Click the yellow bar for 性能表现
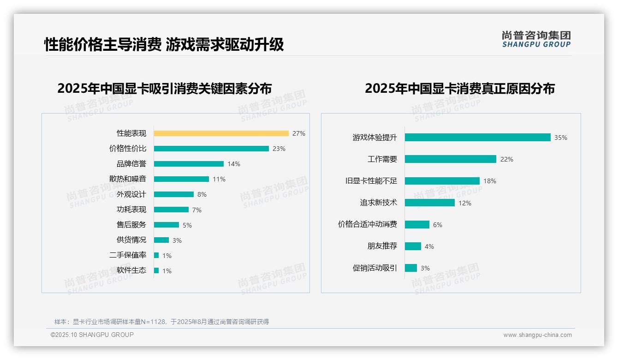(x=221, y=133)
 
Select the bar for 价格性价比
(x=211, y=149)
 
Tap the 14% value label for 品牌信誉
(x=234, y=164)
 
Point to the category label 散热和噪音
(x=128, y=179)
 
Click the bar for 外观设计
(x=174, y=194)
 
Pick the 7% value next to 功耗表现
(x=197, y=210)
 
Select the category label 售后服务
(x=131, y=225)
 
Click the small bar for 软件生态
(x=156, y=270)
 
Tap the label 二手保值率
(x=128, y=255)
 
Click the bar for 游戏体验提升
(x=477, y=138)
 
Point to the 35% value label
(x=561, y=138)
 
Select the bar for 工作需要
(x=450, y=159)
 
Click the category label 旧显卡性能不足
(x=371, y=181)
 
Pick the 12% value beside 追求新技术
(x=465, y=203)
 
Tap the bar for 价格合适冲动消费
(x=417, y=224)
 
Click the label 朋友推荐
(x=382, y=246)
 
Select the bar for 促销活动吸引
(x=411, y=268)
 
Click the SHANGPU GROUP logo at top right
(x=536, y=39)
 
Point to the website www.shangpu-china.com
(x=537, y=335)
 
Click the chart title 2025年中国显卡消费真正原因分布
(x=459, y=88)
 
